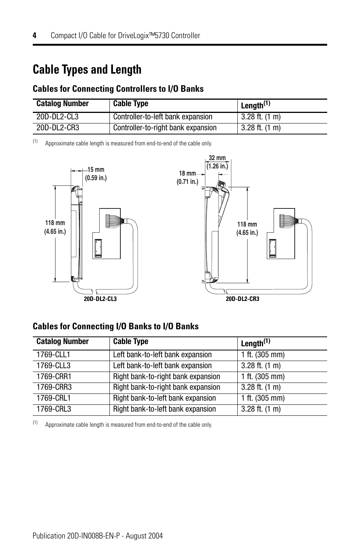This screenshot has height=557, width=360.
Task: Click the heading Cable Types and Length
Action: pyautogui.click(x=87, y=69)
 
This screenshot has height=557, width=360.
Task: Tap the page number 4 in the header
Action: pyautogui.click(x=34, y=35)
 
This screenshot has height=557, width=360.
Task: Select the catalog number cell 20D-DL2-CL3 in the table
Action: pyautogui.click(x=57, y=117)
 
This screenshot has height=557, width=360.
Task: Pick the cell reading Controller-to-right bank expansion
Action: pyautogui.click(x=165, y=128)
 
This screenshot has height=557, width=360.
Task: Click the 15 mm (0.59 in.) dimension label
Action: pyautogui.click(x=96, y=174)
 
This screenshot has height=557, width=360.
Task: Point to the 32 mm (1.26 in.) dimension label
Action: pyautogui.click(x=217, y=162)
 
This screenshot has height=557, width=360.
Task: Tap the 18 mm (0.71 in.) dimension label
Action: pyautogui.click(x=188, y=177)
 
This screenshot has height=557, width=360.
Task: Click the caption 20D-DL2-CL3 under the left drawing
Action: pyautogui.click(x=100, y=299)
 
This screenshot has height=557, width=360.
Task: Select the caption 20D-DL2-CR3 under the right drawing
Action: pyautogui.click(x=242, y=299)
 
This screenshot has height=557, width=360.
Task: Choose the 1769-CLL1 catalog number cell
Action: pyautogui.click(x=53, y=355)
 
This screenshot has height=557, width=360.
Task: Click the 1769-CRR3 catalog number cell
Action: pyautogui.click(x=54, y=387)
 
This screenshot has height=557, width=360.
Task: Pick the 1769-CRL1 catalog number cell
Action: pyautogui.click(x=54, y=398)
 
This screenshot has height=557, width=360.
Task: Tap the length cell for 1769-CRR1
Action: pyautogui.click(x=263, y=376)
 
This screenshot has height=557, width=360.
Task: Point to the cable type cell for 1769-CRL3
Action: pyautogui.click(x=165, y=409)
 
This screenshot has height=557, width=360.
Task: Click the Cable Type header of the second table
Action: pyautogui.click(x=131, y=341)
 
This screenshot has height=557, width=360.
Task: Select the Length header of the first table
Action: pyautogui.click(x=256, y=105)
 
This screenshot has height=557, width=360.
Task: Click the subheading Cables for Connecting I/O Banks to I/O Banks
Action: pyautogui.click(x=115, y=326)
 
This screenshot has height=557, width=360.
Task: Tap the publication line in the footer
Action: pyautogui.click(x=98, y=535)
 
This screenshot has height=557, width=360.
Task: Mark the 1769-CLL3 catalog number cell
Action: pyautogui.click(x=53, y=366)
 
